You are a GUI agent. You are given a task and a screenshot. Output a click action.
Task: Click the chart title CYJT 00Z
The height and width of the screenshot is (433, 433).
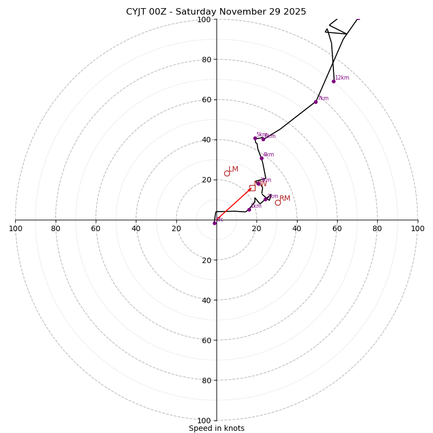[216, 12]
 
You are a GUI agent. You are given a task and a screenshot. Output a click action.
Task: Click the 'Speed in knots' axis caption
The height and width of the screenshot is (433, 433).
[216, 428]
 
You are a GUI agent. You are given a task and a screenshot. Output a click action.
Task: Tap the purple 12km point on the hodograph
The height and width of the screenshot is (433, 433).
[333, 81]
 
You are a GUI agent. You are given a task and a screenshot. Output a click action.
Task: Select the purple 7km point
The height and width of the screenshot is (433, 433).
[316, 102]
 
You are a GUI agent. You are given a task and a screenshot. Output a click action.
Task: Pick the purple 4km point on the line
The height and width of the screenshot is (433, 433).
[261, 158]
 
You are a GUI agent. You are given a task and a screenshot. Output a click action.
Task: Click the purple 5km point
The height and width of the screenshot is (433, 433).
[255, 138]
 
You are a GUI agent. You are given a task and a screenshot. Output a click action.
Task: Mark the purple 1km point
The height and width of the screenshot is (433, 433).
[249, 209]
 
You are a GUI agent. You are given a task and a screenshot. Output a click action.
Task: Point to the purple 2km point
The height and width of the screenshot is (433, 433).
[265, 199]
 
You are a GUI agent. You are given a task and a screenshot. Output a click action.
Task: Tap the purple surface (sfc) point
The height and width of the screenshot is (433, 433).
[214, 223]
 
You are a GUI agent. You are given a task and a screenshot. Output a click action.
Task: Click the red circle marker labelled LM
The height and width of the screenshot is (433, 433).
[227, 173]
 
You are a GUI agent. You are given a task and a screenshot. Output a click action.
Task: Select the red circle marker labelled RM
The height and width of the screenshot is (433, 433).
[278, 202]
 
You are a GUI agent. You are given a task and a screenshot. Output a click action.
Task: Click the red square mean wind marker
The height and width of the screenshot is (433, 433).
[252, 188]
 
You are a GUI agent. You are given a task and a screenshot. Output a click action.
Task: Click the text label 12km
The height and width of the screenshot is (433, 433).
[342, 77]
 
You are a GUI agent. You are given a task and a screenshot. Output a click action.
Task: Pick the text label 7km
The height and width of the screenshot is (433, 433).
[323, 98]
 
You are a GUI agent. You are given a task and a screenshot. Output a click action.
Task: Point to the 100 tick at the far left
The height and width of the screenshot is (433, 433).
[15, 228]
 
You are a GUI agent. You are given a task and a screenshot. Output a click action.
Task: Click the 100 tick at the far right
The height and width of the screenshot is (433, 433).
[417, 228]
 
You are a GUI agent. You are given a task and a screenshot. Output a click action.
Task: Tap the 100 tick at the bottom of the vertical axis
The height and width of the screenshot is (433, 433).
[204, 421]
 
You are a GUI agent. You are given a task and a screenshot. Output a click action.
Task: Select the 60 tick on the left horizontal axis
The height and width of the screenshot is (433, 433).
[96, 228]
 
